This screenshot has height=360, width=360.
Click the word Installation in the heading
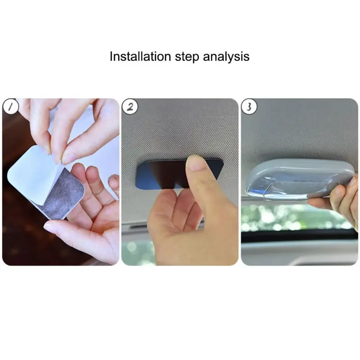point(140,56)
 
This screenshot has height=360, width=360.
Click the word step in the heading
point(187,57)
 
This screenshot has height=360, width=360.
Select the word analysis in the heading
point(226,57)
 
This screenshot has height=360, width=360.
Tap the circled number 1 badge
point(10,107)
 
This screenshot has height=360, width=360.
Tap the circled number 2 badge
point(130,107)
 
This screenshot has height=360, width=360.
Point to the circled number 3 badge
point(249,107)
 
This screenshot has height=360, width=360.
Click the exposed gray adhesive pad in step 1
point(62,194)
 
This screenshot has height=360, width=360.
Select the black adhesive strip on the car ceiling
point(161,174)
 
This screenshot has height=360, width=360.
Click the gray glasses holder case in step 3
point(298,179)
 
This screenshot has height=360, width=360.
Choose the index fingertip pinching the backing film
point(69,156)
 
